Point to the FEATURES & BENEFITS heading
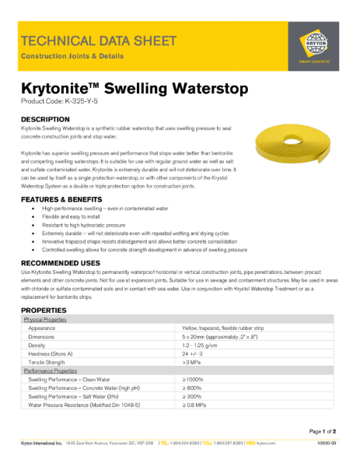(x=64, y=200)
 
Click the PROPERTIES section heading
(x=46, y=311)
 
